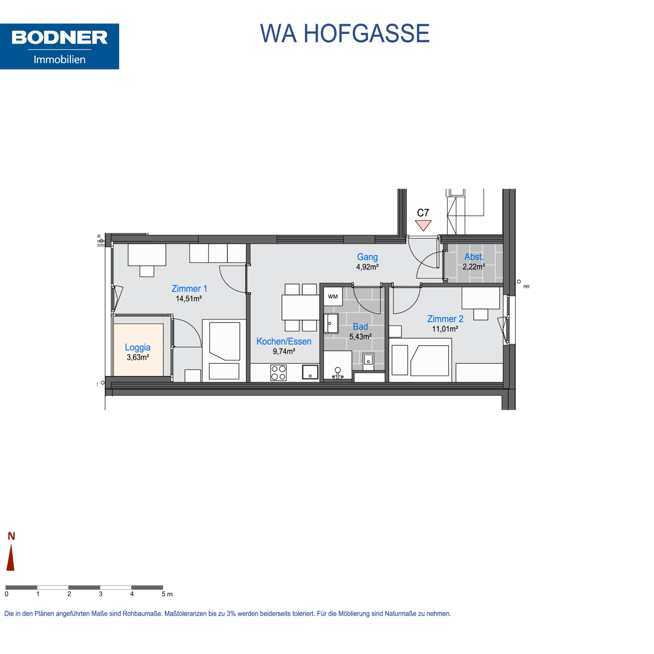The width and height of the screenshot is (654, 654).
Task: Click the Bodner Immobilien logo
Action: point(60,47)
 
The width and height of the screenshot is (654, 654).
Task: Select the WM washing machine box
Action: point(333,297)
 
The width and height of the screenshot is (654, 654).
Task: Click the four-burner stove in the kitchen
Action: point(279,373)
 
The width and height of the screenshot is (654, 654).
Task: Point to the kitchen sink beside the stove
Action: point(310,372)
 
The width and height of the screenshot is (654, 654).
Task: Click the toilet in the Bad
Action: point(337,373)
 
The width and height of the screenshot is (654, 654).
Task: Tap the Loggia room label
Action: point(138,348)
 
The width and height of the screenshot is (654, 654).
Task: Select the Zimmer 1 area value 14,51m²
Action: point(189,299)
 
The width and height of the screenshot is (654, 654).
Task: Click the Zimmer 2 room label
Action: point(445,319)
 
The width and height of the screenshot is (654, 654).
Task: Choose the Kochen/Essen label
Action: point(284,341)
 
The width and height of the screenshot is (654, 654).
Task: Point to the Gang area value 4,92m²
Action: point(367,267)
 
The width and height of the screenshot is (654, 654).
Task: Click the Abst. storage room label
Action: point(474,257)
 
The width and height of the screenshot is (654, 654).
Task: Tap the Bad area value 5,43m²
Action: point(361,337)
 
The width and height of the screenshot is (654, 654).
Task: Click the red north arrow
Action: point(11,557)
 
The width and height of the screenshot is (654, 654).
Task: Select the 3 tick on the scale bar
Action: point(100,594)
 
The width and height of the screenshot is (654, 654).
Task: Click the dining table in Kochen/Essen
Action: point(301,307)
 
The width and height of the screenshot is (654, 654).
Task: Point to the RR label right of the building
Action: point(526,287)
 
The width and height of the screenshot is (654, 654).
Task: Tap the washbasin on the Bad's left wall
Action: point(331,324)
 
